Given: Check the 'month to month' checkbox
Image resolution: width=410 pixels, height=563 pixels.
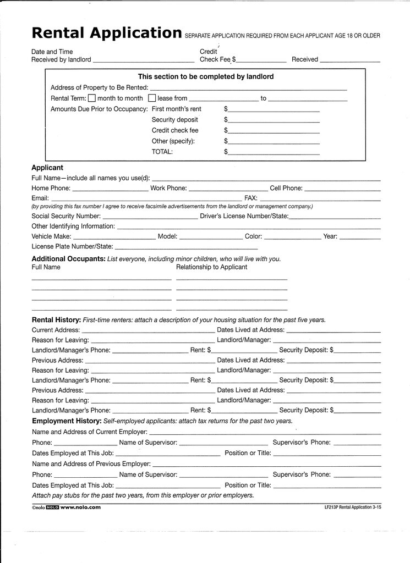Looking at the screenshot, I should point(92,98).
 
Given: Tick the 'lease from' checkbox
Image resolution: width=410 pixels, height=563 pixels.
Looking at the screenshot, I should point(152,98).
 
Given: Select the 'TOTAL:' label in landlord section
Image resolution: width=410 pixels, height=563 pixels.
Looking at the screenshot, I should point(162,152).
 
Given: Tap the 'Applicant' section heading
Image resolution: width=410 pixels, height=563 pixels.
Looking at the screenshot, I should point(47,168).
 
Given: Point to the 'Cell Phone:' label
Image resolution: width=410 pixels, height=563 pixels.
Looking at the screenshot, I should point(286,188).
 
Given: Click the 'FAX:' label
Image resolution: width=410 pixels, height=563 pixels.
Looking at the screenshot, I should point(251,198).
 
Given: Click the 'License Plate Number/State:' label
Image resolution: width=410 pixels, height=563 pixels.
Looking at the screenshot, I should point(73,246).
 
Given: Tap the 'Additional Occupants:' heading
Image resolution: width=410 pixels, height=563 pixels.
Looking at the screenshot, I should point(68,259).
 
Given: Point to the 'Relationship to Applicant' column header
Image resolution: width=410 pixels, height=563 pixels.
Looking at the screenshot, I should point(212,267).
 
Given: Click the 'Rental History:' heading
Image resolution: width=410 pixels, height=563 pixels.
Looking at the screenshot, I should point(56,320).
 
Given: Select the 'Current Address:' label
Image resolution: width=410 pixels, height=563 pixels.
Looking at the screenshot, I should point(56,330).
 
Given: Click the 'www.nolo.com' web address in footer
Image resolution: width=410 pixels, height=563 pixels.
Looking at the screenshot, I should point(80,507).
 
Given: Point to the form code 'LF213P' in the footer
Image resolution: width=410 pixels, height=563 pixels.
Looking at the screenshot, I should point(331,507).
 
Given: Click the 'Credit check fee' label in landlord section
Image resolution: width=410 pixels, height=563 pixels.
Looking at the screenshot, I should point(175,130).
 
